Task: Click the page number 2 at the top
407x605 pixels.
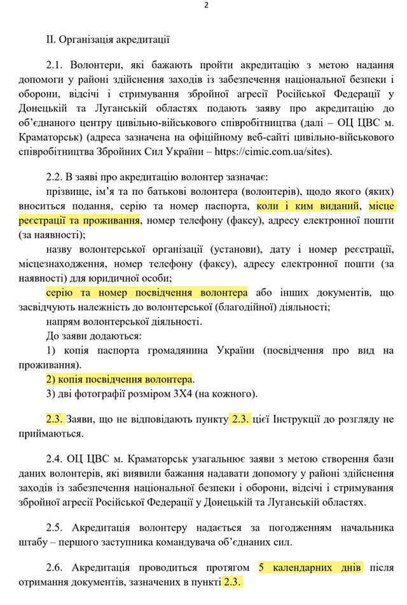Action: [x=206, y=6]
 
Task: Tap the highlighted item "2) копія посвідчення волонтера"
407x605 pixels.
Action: [x=118, y=378]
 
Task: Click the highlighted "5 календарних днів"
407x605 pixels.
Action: [x=310, y=567]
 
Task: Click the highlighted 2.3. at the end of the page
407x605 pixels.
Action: [x=233, y=581]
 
